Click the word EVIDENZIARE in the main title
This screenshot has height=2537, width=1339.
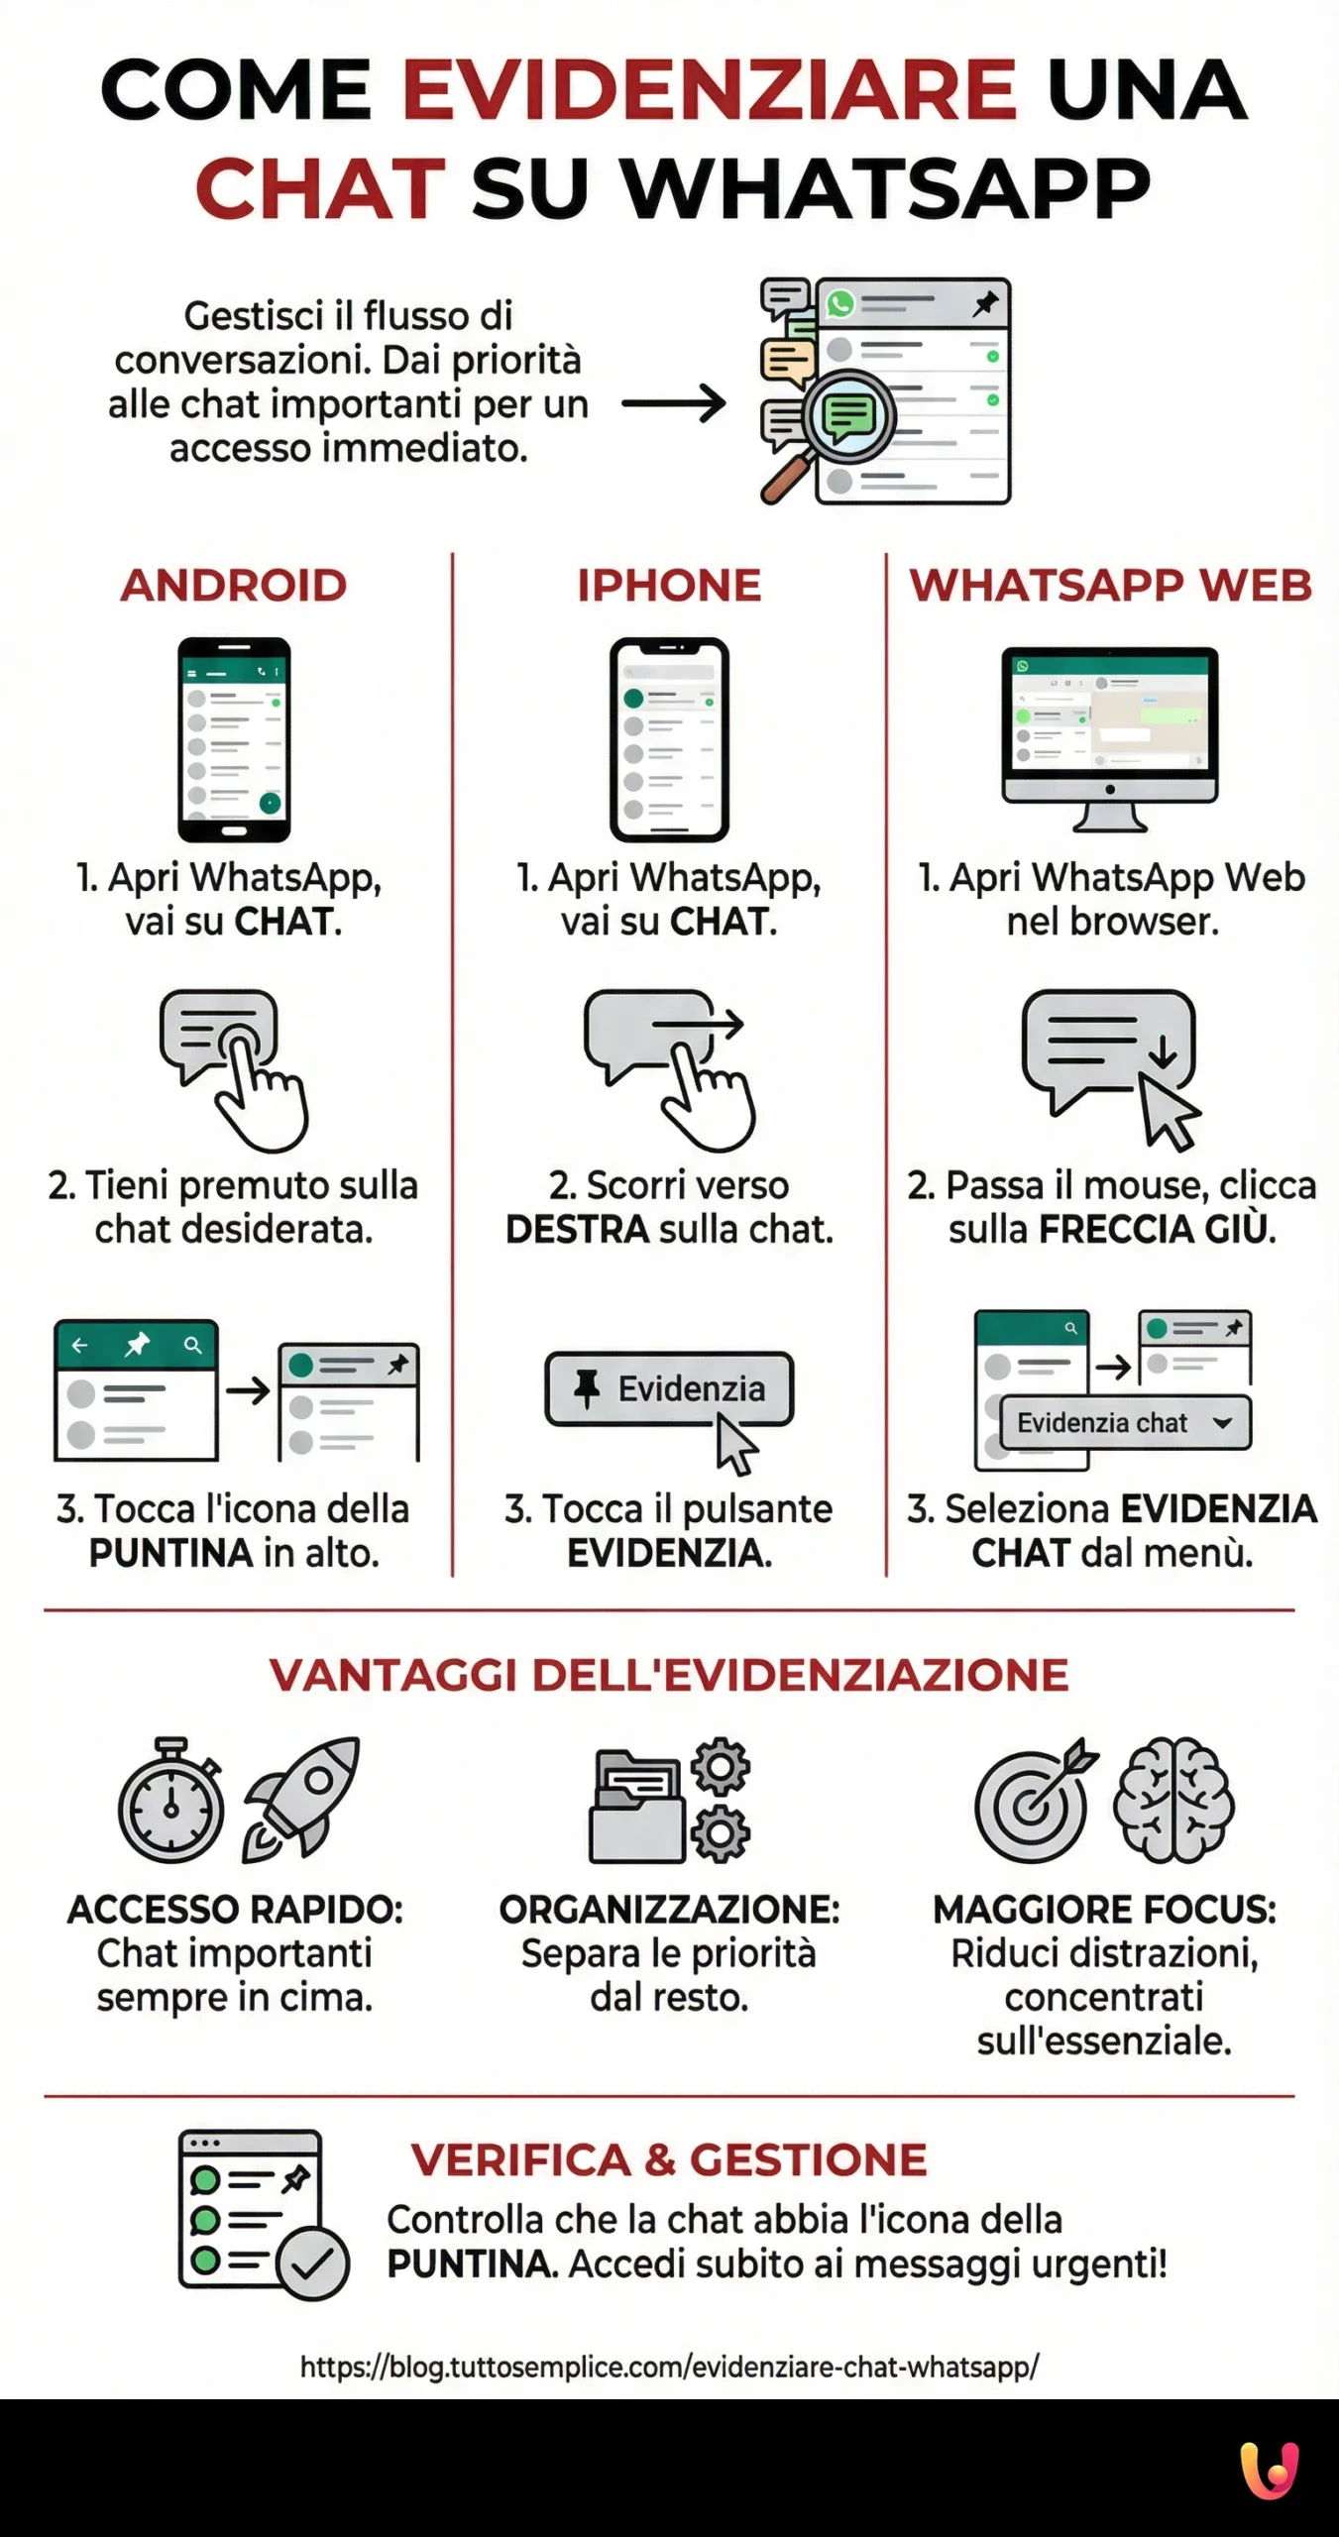point(709,90)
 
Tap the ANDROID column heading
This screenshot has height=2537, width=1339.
point(234,586)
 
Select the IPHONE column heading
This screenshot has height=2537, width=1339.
point(669,586)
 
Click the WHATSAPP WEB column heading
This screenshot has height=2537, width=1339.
point(1110,586)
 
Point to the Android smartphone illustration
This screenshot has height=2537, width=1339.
point(234,739)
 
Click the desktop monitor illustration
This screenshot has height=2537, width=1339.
point(1109,737)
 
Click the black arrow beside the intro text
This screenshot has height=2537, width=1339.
point(674,403)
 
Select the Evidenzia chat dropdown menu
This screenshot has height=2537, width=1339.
point(1125,1423)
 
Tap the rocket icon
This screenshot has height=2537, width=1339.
point(303,1798)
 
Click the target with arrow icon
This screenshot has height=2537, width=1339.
point(1034,1803)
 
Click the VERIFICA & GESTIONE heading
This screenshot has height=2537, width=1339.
point(669,2160)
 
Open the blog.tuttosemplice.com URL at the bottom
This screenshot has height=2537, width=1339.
point(669,2368)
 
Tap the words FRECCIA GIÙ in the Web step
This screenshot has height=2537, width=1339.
point(1156,1230)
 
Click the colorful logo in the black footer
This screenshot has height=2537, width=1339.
point(1270,2470)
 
